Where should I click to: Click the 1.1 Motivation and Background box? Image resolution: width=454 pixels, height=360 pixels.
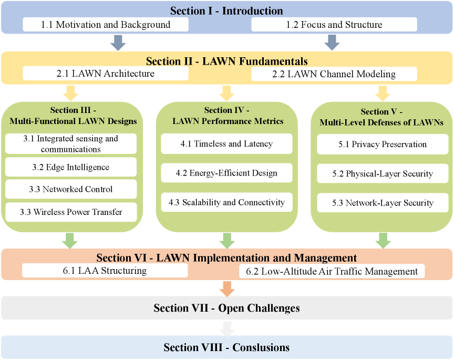106,24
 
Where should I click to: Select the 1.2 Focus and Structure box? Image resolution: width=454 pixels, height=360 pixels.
334,24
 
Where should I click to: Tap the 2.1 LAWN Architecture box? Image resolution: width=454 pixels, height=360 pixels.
106,73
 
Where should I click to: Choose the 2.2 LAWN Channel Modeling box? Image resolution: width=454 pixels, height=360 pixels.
334,74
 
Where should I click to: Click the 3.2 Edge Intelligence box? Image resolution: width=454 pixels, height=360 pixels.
71,167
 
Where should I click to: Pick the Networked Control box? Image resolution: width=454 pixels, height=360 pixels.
71,189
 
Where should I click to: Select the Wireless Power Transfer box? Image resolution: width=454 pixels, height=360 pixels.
71,212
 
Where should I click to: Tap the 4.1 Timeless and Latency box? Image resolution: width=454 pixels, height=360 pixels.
226,143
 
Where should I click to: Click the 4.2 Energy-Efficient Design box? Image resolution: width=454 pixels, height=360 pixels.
226,173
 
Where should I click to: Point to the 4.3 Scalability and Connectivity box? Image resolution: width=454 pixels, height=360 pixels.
226,202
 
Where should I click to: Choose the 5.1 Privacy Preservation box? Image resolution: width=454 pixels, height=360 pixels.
383,144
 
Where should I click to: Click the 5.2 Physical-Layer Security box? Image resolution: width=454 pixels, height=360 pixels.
383,173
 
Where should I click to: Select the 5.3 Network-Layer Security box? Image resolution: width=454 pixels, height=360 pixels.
383,203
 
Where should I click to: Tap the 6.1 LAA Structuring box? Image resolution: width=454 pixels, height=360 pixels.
105,271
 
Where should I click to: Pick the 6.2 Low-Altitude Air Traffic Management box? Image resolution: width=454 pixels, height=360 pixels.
332,271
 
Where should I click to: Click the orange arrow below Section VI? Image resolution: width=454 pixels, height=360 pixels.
227,289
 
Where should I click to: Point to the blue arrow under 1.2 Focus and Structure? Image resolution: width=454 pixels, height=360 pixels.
332,43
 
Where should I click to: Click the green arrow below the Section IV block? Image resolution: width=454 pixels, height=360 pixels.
227,241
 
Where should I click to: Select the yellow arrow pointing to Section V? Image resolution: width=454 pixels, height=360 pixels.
383,93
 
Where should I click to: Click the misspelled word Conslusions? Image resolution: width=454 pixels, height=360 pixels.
261,347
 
